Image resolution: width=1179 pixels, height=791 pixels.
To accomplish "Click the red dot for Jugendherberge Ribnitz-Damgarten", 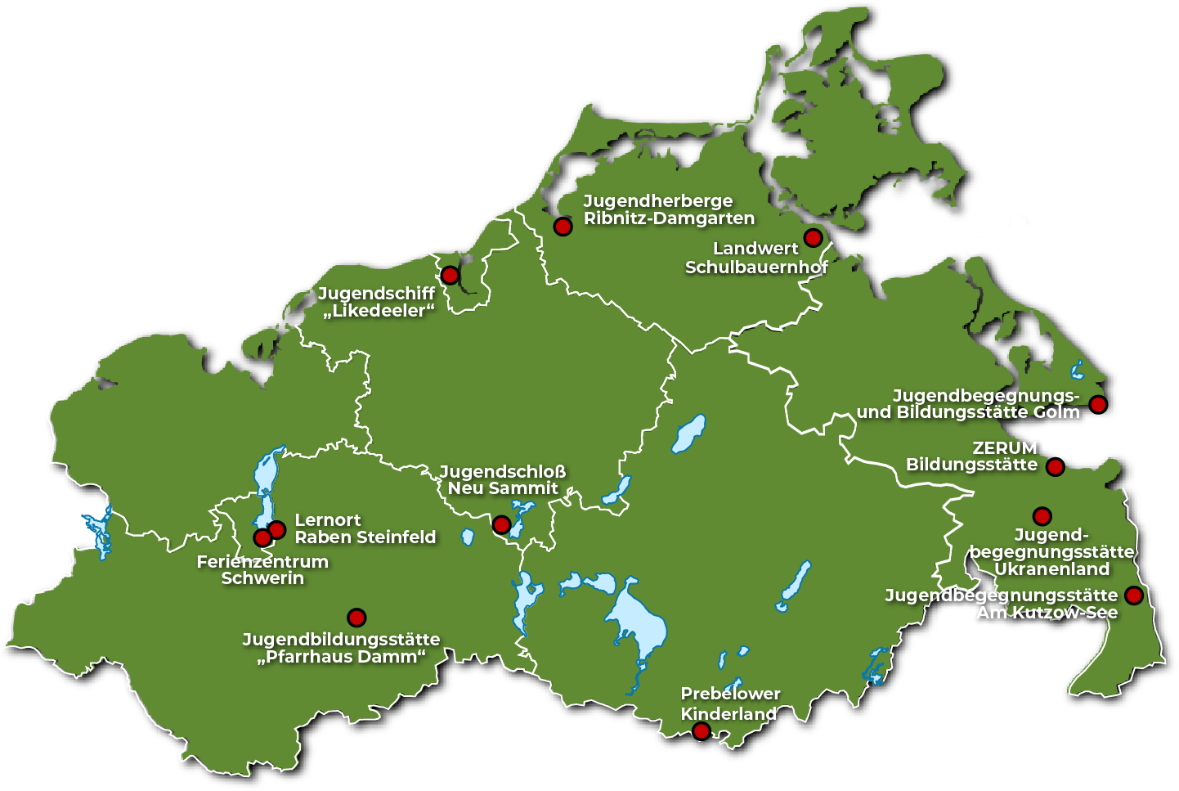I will [563, 227].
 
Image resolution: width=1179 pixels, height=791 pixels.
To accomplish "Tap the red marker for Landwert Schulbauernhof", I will [813, 238].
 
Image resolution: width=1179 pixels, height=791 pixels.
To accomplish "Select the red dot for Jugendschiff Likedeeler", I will [450, 276].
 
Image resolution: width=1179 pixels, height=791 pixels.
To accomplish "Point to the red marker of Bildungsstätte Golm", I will [1098, 404].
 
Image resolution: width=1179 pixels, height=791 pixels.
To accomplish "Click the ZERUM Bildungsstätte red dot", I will [1056, 467].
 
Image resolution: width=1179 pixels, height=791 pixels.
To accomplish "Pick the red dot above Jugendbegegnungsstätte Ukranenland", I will [1042, 516].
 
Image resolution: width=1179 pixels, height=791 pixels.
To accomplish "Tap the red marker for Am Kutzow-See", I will [1133, 595].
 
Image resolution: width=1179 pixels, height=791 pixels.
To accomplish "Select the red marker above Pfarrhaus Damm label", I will [356, 618].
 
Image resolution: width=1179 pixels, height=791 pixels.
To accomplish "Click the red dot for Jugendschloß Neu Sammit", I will [502, 524].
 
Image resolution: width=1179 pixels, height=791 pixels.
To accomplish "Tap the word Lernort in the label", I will [327, 520].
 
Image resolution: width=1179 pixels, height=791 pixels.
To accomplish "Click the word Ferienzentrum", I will [262, 562].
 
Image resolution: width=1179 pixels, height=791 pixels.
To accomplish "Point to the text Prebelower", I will [730, 694].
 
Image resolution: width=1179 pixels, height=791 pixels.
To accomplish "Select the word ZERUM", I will [1004, 448].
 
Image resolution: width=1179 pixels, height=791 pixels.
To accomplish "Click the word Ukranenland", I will [1051, 569].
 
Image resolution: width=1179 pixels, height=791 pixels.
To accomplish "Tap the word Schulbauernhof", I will [756, 267].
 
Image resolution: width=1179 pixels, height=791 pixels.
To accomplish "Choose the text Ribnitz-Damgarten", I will [669, 218].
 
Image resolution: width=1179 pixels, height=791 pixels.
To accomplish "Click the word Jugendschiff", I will [376, 293].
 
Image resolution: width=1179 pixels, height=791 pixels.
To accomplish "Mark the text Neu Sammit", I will [502, 488].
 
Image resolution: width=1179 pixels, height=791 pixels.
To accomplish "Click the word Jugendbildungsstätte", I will [341, 640].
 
